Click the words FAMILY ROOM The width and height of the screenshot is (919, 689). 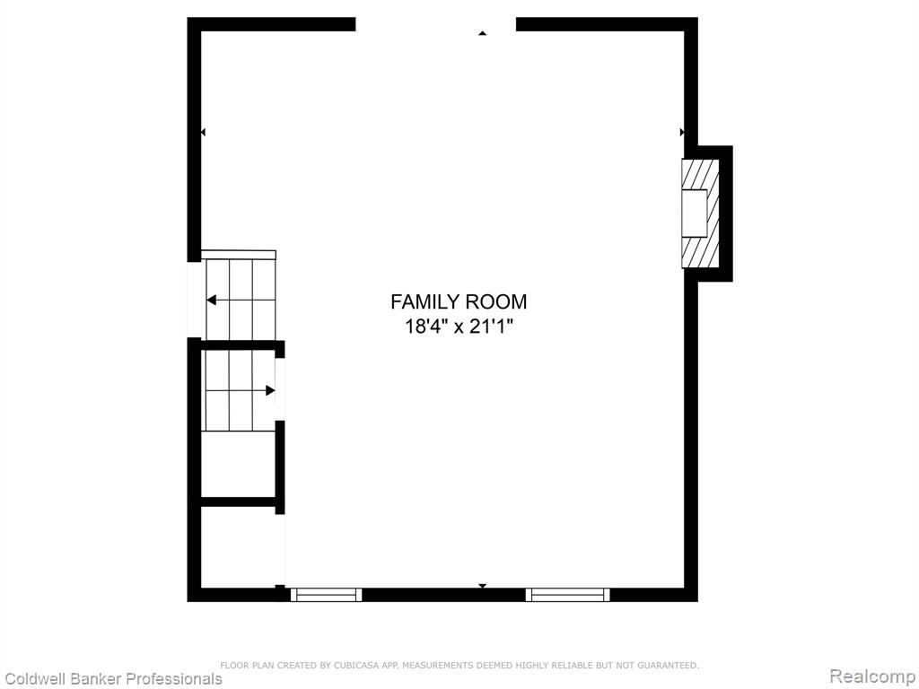click(x=459, y=301)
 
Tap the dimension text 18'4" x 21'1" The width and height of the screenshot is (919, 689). click(x=459, y=326)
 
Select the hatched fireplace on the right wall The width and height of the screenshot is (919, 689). click(x=700, y=214)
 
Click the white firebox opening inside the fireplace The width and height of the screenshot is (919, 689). click(x=695, y=214)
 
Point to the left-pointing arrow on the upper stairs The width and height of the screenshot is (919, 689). click(x=241, y=301)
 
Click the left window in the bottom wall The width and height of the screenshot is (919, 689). click(x=327, y=595)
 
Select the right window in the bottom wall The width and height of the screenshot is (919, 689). click(x=567, y=595)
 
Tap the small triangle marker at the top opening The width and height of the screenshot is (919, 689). click(x=482, y=33)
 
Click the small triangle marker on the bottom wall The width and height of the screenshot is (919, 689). click(x=482, y=586)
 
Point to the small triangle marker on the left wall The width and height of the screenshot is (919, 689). click(x=203, y=133)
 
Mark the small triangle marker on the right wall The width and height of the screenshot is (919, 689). click(x=682, y=133)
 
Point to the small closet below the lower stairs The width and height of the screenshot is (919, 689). click(x=239, y=464)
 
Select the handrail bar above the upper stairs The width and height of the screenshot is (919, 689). click(x=239, y=254)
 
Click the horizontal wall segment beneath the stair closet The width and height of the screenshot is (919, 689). click(x=239, y=501)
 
